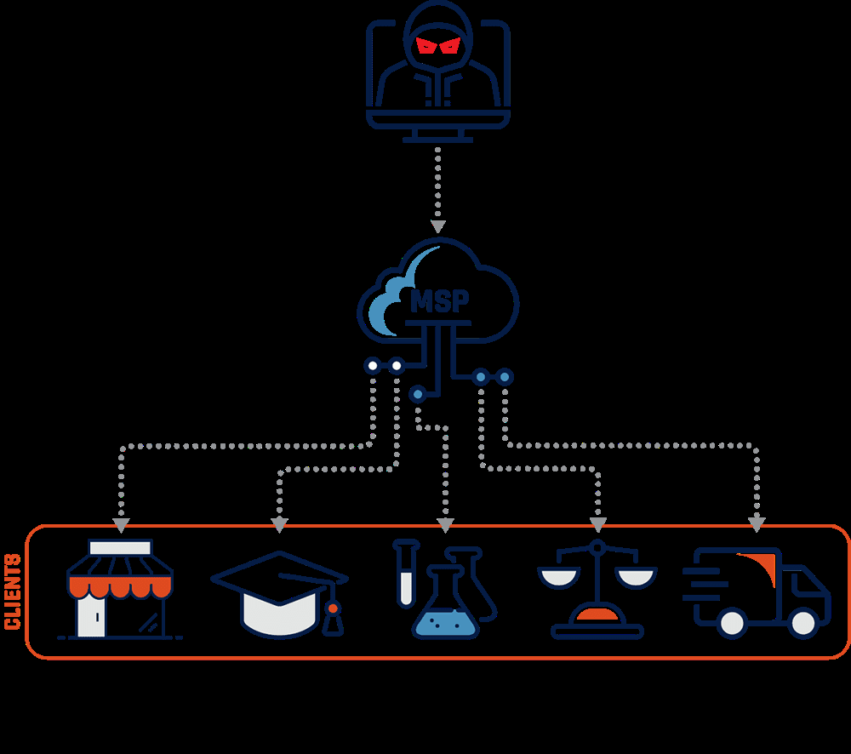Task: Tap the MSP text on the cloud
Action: click(x=439, y=301)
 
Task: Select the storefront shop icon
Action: click(x=120, y=590)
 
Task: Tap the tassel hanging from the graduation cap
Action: click(x=334, y=620)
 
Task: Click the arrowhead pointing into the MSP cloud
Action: click(x=437, y=227)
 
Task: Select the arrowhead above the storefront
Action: click(x=121, y=525)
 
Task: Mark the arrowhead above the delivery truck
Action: click(x=756, y=525)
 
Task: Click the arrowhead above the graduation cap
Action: click(x=278, y=525)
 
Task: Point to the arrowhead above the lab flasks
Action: click(x=444, y=525)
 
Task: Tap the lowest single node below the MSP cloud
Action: click(x=417, y=393)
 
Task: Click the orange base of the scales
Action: click(x=597, y=614)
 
